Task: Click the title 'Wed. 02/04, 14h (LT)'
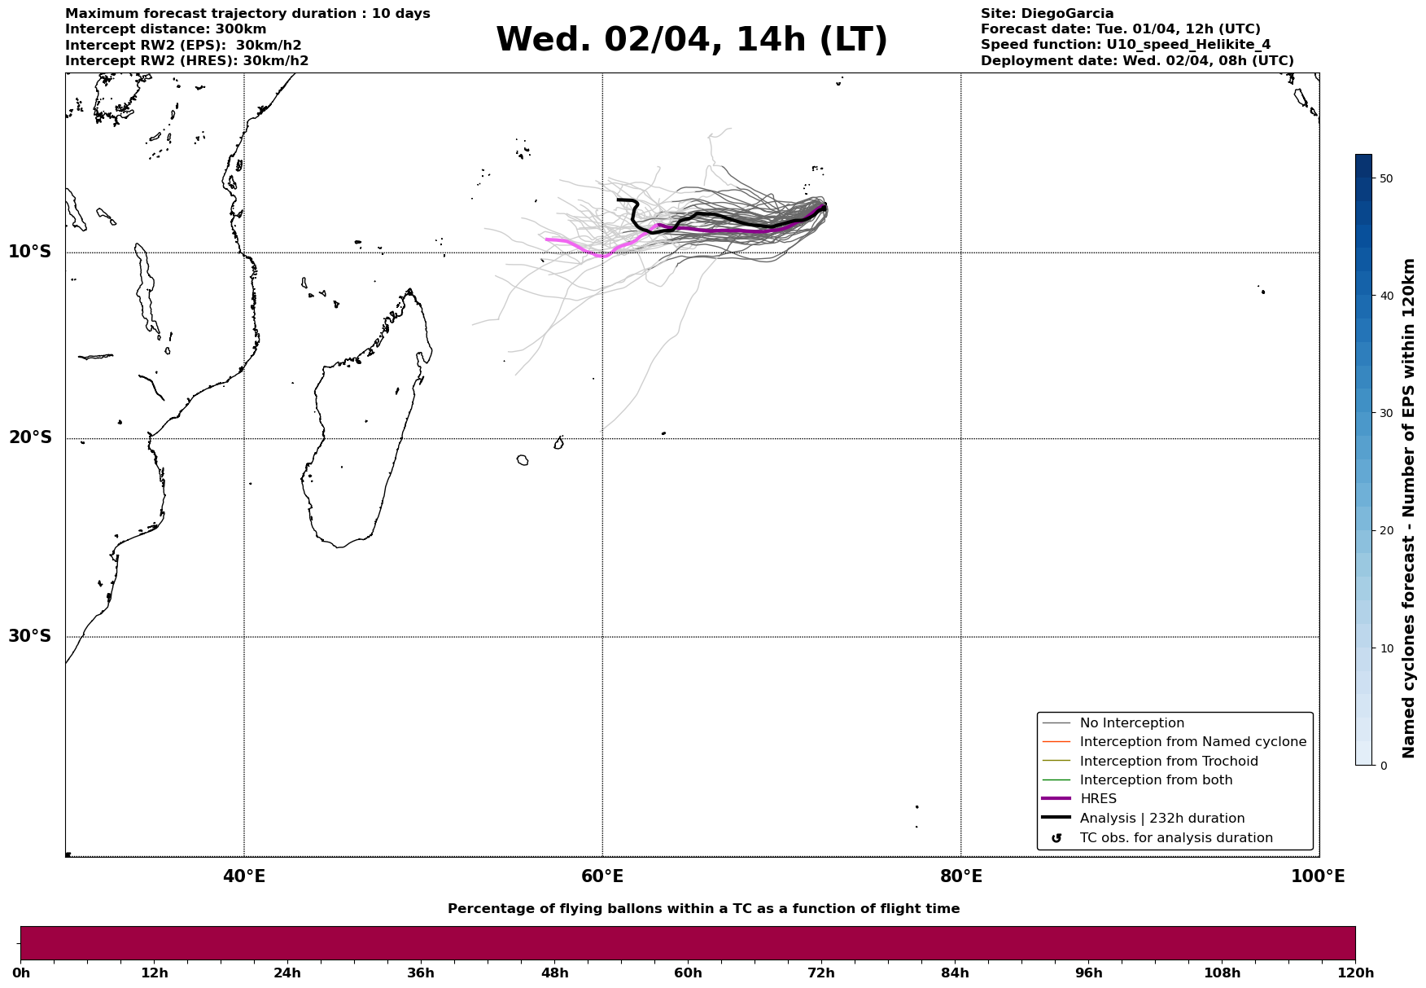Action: click(x=691, y=40)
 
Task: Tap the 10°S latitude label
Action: click(x=30, y=252)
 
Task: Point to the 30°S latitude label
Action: click(x=30, y=636)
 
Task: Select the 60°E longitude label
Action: click(x=602, y=876)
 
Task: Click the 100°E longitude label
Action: click(x=1318, y=876)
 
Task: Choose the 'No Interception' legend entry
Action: click(x=1131, y=723)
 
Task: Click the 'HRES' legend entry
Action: click(x=1098, y=799)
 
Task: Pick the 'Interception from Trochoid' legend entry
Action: click(x=1168, y=762)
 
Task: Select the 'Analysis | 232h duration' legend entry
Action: click(x=1161, y=819)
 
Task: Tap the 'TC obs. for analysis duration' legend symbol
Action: click(x=1056, y=838)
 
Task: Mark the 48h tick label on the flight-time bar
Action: click(x=554, y=973)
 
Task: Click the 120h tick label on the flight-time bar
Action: click(x=1355, y=973)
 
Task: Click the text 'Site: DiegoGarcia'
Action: click(x=1047, y=14)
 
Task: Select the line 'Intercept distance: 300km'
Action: click(x=165, y=29)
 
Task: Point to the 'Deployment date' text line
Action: click(x=1136, y=61)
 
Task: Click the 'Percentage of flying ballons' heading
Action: click(x=703, y=909)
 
